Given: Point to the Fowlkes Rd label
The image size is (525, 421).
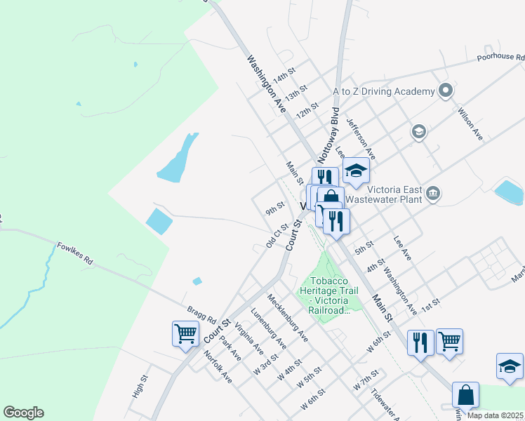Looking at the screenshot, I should point(75,253).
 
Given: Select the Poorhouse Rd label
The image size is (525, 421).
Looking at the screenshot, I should point(500,58).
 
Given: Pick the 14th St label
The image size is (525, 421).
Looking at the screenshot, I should point(285,73).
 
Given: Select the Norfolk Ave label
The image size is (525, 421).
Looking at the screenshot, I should point(218,367).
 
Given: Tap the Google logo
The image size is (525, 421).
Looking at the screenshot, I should point(23,413).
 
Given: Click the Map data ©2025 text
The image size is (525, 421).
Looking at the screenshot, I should point(494,415).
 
